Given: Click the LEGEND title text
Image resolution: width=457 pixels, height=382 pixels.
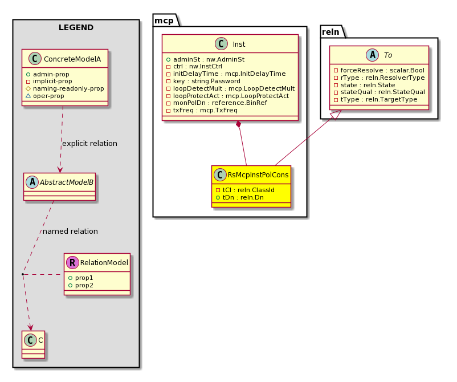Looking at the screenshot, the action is (x=76, y=28).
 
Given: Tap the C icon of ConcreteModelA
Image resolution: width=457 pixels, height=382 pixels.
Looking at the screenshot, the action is (x=35, y=59).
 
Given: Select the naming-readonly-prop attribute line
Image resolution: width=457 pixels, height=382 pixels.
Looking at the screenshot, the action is (x=65, y=88).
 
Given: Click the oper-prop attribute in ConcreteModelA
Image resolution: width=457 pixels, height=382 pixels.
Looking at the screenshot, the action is (x=45, y=96).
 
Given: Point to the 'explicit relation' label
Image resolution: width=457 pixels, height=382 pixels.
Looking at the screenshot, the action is (x=90, y=144).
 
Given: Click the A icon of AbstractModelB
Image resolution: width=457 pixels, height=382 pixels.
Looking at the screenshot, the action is (x=32, y=182).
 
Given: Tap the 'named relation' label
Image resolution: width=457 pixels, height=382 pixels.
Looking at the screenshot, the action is (x=70, y=231).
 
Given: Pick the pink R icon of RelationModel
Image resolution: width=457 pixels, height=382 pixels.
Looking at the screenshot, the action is (x=72, y=262).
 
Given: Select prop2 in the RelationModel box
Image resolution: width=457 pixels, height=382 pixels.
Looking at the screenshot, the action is (x=81, y=285).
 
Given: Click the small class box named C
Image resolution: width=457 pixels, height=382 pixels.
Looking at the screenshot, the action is (x=33, y=344).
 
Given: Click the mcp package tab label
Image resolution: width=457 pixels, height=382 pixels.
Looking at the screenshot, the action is (x=164, y=21).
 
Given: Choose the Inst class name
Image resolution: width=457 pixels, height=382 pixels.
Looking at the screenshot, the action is (x=239, y=44).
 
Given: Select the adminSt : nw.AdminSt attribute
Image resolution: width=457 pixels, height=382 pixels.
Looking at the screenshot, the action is (x=205, y=59).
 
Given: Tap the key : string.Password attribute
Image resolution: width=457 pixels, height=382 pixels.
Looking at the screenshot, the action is (x=203, y=81).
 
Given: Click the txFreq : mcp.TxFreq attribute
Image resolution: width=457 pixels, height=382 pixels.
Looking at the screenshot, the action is (x=202, y=110).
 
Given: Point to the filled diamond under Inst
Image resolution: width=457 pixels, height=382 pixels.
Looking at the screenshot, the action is (x=239, y=124).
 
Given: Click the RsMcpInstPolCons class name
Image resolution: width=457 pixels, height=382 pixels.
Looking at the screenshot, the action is (x=258, y=174).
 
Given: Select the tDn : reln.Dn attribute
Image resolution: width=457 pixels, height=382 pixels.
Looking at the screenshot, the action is (x=240, y=197).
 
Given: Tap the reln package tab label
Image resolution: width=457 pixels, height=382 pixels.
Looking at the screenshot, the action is (x=331, y=32).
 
